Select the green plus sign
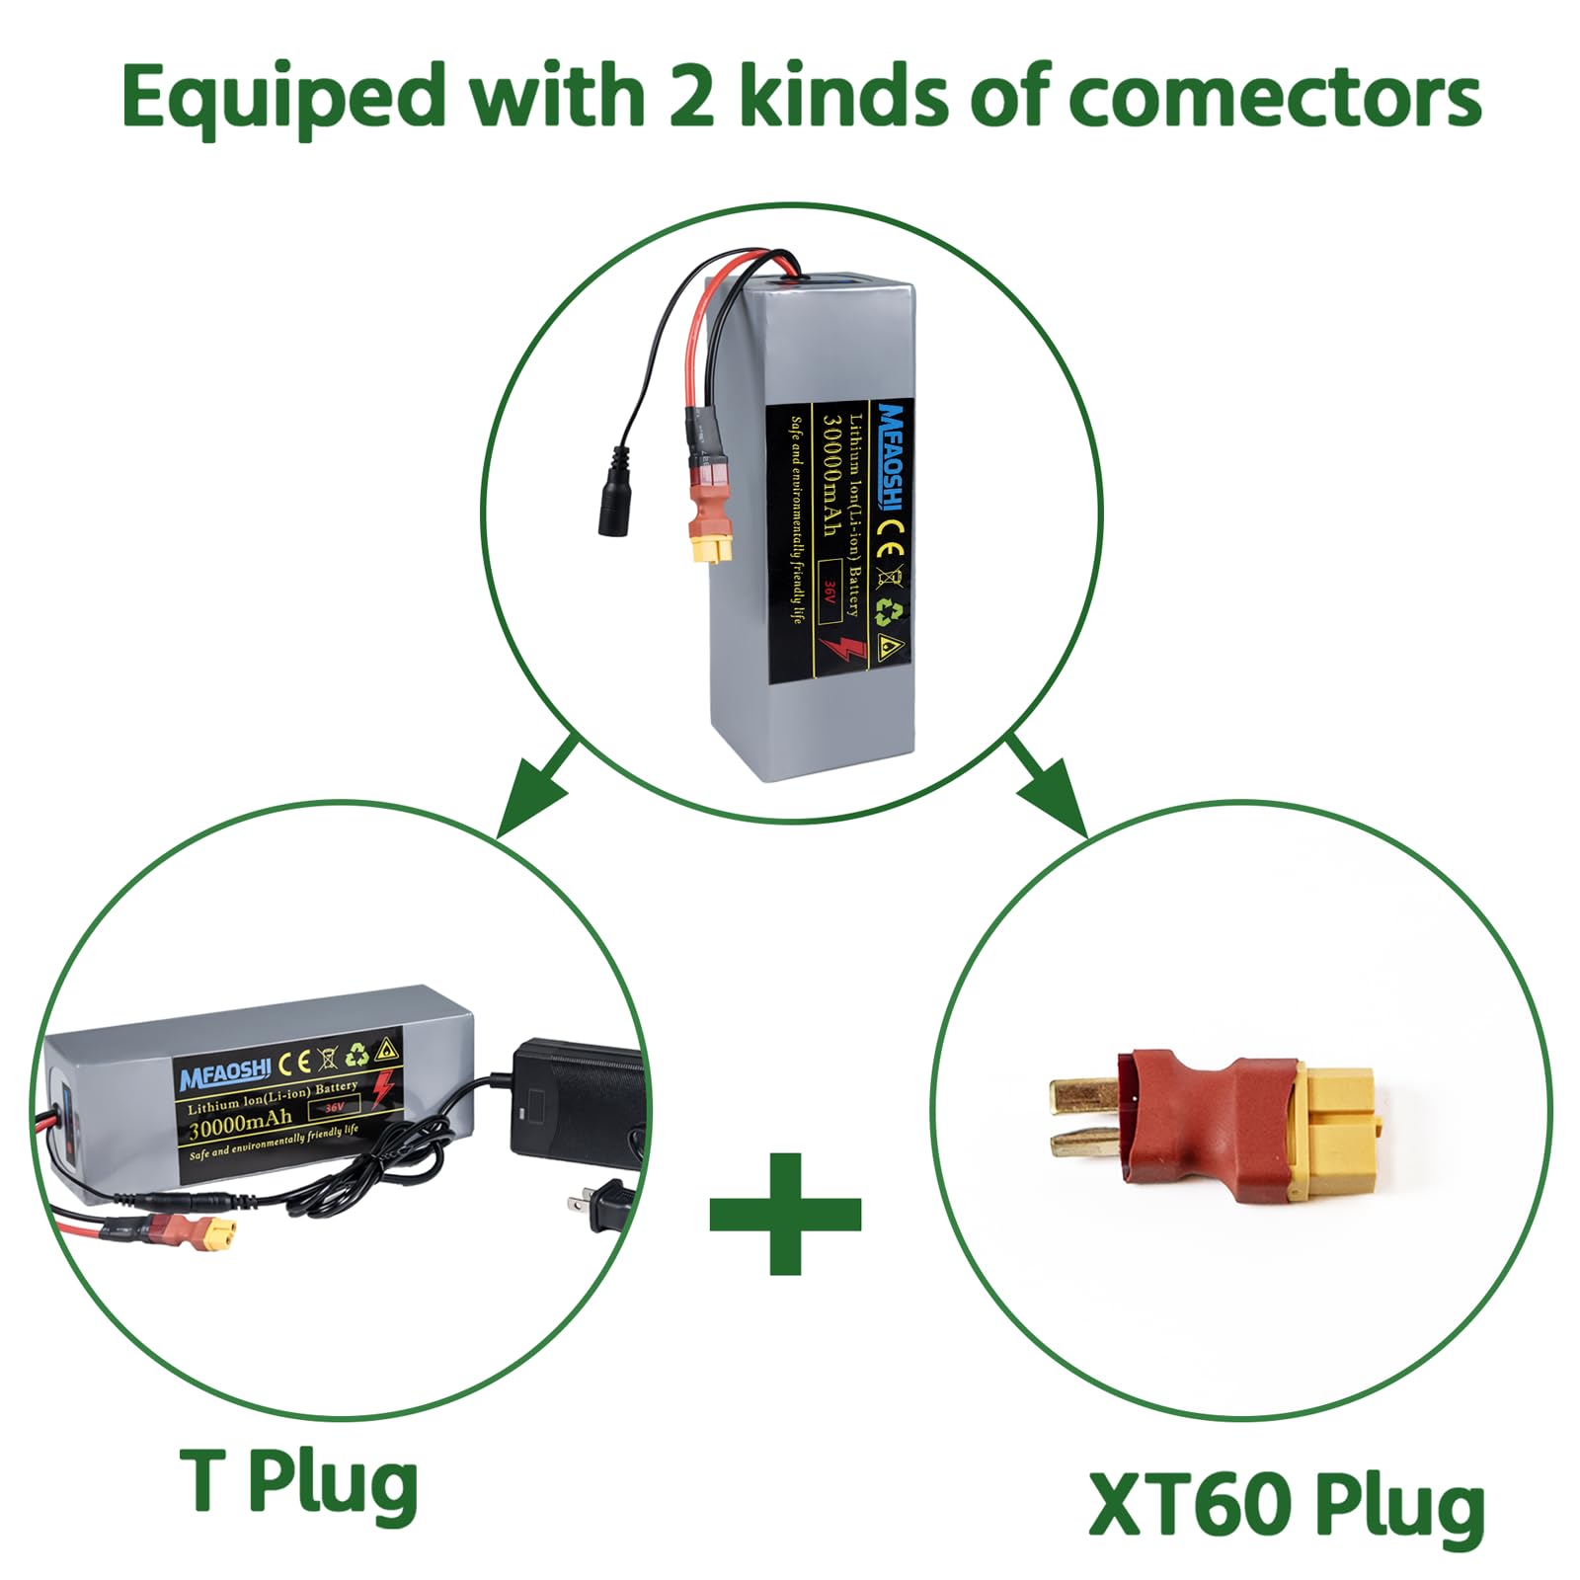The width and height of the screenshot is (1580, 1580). click(785, 1214)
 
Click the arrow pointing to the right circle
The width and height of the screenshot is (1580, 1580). click(1046, 785)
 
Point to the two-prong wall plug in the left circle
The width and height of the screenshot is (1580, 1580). click(597, 1204)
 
